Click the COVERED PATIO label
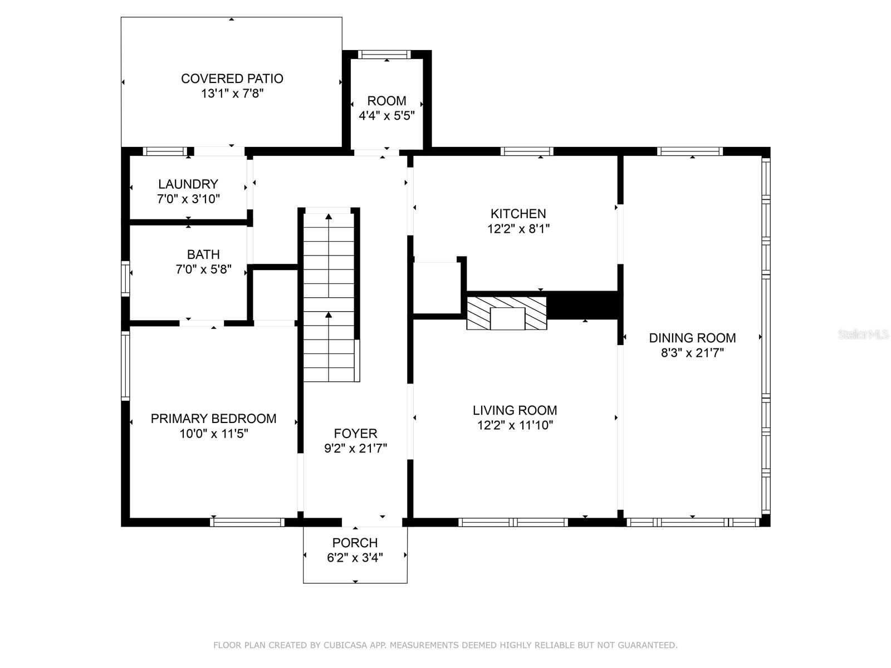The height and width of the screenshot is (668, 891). click(x=232, y=78)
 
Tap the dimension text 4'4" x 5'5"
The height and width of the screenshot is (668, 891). click(x=386, y=116)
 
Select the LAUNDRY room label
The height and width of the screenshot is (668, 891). click(x=188, y=184)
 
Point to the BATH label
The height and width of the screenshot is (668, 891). click(x=203, y=254)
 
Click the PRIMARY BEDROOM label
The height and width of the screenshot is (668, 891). click(x=213, y=419)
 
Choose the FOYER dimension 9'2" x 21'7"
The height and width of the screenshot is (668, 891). click(x=356, y=448)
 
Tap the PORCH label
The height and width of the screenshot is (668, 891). click(x=355, y=543)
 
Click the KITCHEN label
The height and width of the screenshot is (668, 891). click(x=518, y=214)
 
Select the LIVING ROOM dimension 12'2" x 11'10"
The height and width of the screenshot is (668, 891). click(x=515, y=425)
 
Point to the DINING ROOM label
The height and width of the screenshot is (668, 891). click(x=693, y=338)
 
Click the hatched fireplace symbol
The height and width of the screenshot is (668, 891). click(x=507, y=313)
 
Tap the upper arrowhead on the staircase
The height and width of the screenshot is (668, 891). click(x=329, y=217)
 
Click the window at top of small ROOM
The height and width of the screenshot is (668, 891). click(x=384, y=55)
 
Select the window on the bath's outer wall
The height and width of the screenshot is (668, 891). click(x=125, y=278)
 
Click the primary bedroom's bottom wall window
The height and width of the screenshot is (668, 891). click(x=247, y=522)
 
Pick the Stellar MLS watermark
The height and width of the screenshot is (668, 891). click(x=863, y=335)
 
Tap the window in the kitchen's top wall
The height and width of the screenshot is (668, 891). click(x=527, y=151)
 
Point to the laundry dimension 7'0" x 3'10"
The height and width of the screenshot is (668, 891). click(x=188, y=199)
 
